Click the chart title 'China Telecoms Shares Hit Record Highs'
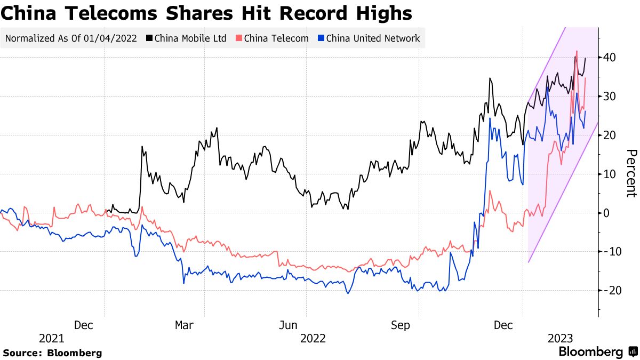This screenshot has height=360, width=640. pyautogui.click(x=206, y=13)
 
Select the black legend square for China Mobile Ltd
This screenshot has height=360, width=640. pyautogui.click(x=149, y=38)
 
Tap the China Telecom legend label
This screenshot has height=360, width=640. pyautogui.click(x=276, y=38)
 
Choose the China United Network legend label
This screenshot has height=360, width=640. pyautogui.click(x=373, y=38)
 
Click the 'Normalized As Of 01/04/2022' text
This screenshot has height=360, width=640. pyautogui.click(x=71, y=38)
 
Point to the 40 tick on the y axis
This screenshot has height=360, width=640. pyautogui.click(x=610, y=58)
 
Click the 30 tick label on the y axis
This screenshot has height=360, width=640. pyautogui.click(x=610, y=97)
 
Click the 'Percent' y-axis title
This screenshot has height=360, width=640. pyautogui.click(x=631, y=173)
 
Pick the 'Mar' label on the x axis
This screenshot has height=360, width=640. pyautogui.click(x=184, y=325)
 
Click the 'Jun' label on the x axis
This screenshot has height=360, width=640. pyautogui.click(x=288, y=325)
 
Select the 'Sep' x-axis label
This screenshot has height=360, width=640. pyautogui.click(x=401, y=325)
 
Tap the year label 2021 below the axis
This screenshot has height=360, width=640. pyautogui.click(x=51, y=339)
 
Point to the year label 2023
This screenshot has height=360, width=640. pyautogui.click(x=561, y=339)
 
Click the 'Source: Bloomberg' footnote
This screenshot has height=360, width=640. pyautogui.click(x=53, y=353)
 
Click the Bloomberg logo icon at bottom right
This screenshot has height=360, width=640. pyautogui.click(x=633, y=351)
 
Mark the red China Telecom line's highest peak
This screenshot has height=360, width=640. pyautogui.click(x=577, y=51)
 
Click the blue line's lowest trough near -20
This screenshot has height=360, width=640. pyautogui.click(x=348, y=293)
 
